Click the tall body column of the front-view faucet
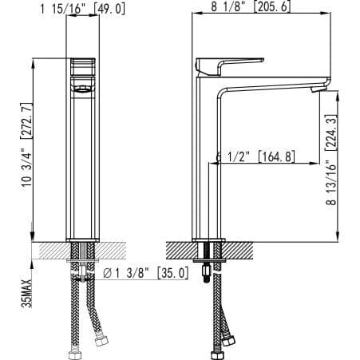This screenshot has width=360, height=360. (82, 160)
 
